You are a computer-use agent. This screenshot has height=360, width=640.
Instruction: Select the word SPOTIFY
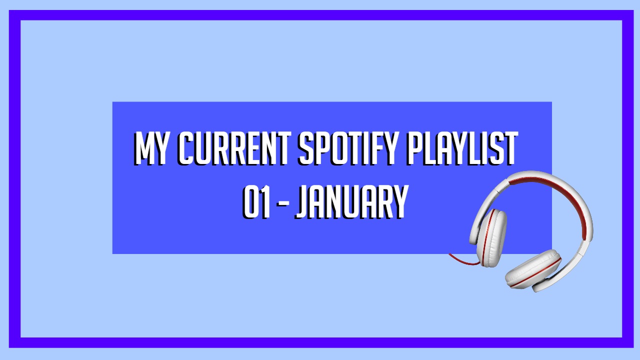[348, 148]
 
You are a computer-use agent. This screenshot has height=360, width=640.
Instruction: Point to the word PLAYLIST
[462, 148]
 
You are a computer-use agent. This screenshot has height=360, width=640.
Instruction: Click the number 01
[256, 202]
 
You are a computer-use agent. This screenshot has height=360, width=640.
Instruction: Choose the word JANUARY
[351, 202]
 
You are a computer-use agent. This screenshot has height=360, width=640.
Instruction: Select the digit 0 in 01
[250, 202]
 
